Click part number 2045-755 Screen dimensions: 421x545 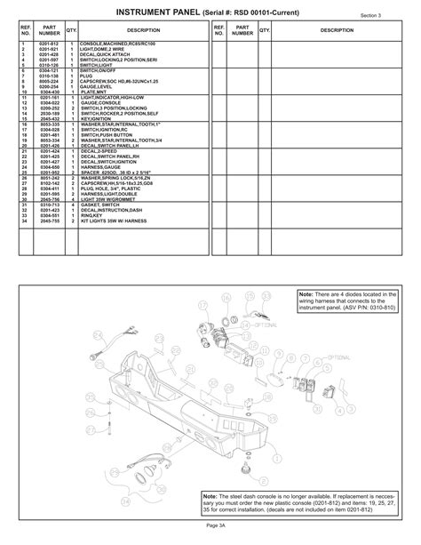click(49, 219)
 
